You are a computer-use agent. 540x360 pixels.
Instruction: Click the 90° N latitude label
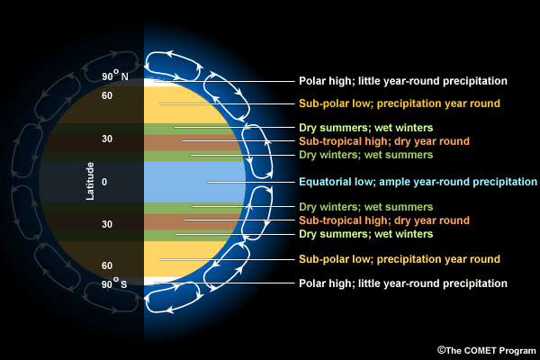click(x=114, y=77)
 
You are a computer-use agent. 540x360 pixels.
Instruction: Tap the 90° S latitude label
click(x=114, y=285)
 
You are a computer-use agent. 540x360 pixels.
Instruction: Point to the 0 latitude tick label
click(x=104, y=182)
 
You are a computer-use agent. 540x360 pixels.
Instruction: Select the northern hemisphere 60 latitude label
click(x=106, y=95)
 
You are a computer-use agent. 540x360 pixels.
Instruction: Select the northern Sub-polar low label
click(x=399, y=103)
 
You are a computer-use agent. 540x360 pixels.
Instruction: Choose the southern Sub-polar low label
click(x=399, y=259)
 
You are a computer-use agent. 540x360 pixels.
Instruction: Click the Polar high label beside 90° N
click(x=403, y=81)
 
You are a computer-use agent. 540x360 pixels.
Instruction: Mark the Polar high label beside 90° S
click(x=403, y=283)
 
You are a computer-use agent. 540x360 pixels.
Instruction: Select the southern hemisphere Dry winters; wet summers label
click(x=372, y=207)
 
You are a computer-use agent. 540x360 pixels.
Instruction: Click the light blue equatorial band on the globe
click(x=180, y=182)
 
